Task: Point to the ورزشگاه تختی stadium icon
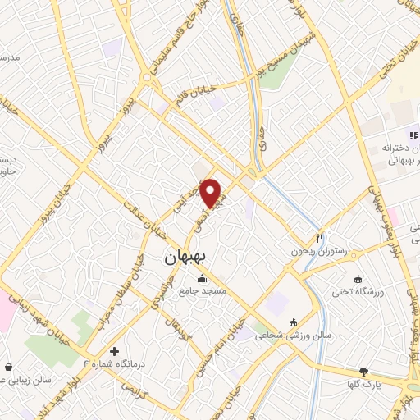point(358,278)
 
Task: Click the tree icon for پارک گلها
point(364,371)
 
